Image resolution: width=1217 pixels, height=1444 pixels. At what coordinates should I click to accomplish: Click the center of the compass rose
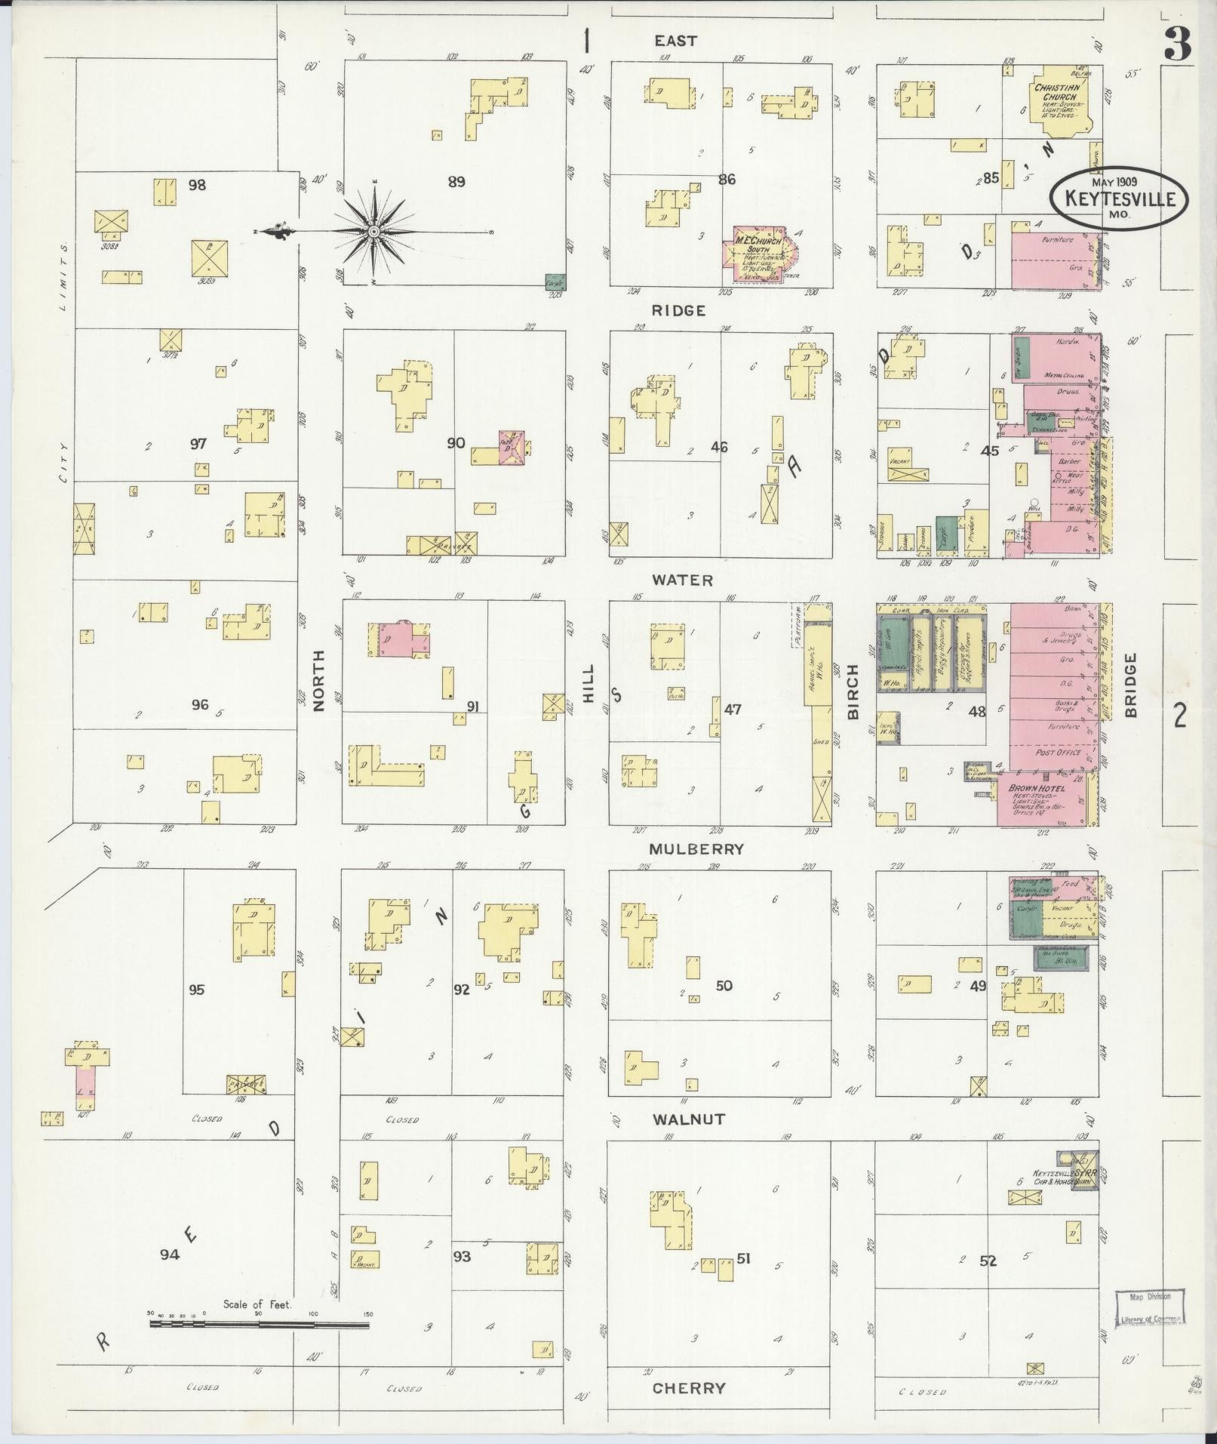tap(374, 232)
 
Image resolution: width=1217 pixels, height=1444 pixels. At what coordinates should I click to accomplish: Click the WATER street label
tap(683, 580)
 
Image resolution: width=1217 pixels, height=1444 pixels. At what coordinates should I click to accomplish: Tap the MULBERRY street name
tap(696, 848)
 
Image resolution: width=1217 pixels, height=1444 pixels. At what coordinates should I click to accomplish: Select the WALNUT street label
tap(689, 1119)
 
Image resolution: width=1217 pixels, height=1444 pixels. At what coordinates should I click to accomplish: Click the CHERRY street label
tap(688, 1387)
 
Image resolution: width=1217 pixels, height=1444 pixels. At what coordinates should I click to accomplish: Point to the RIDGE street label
tap(679, 310)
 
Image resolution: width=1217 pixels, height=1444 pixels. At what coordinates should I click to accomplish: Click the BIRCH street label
tap(853, 691)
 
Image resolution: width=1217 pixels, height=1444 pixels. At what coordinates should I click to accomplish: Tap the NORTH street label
tap(318, 680)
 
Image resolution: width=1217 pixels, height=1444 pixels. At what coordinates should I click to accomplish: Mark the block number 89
tap(456, 181)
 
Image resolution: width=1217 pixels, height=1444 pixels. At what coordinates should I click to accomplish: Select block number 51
tap(744, 1258)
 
